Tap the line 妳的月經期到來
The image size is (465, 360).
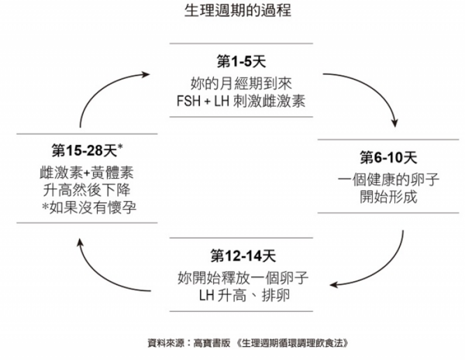pyautogui.click(x=241, y=82)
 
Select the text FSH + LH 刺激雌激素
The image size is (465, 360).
pyautogui.click(x=241, y=101)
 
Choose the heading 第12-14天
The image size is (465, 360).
pyautogui.click(x=241, y=255)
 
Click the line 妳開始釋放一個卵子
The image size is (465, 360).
pyautogui.click(x=241, y=276)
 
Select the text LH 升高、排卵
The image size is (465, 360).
pyautogui.click(x=241, y=295)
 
